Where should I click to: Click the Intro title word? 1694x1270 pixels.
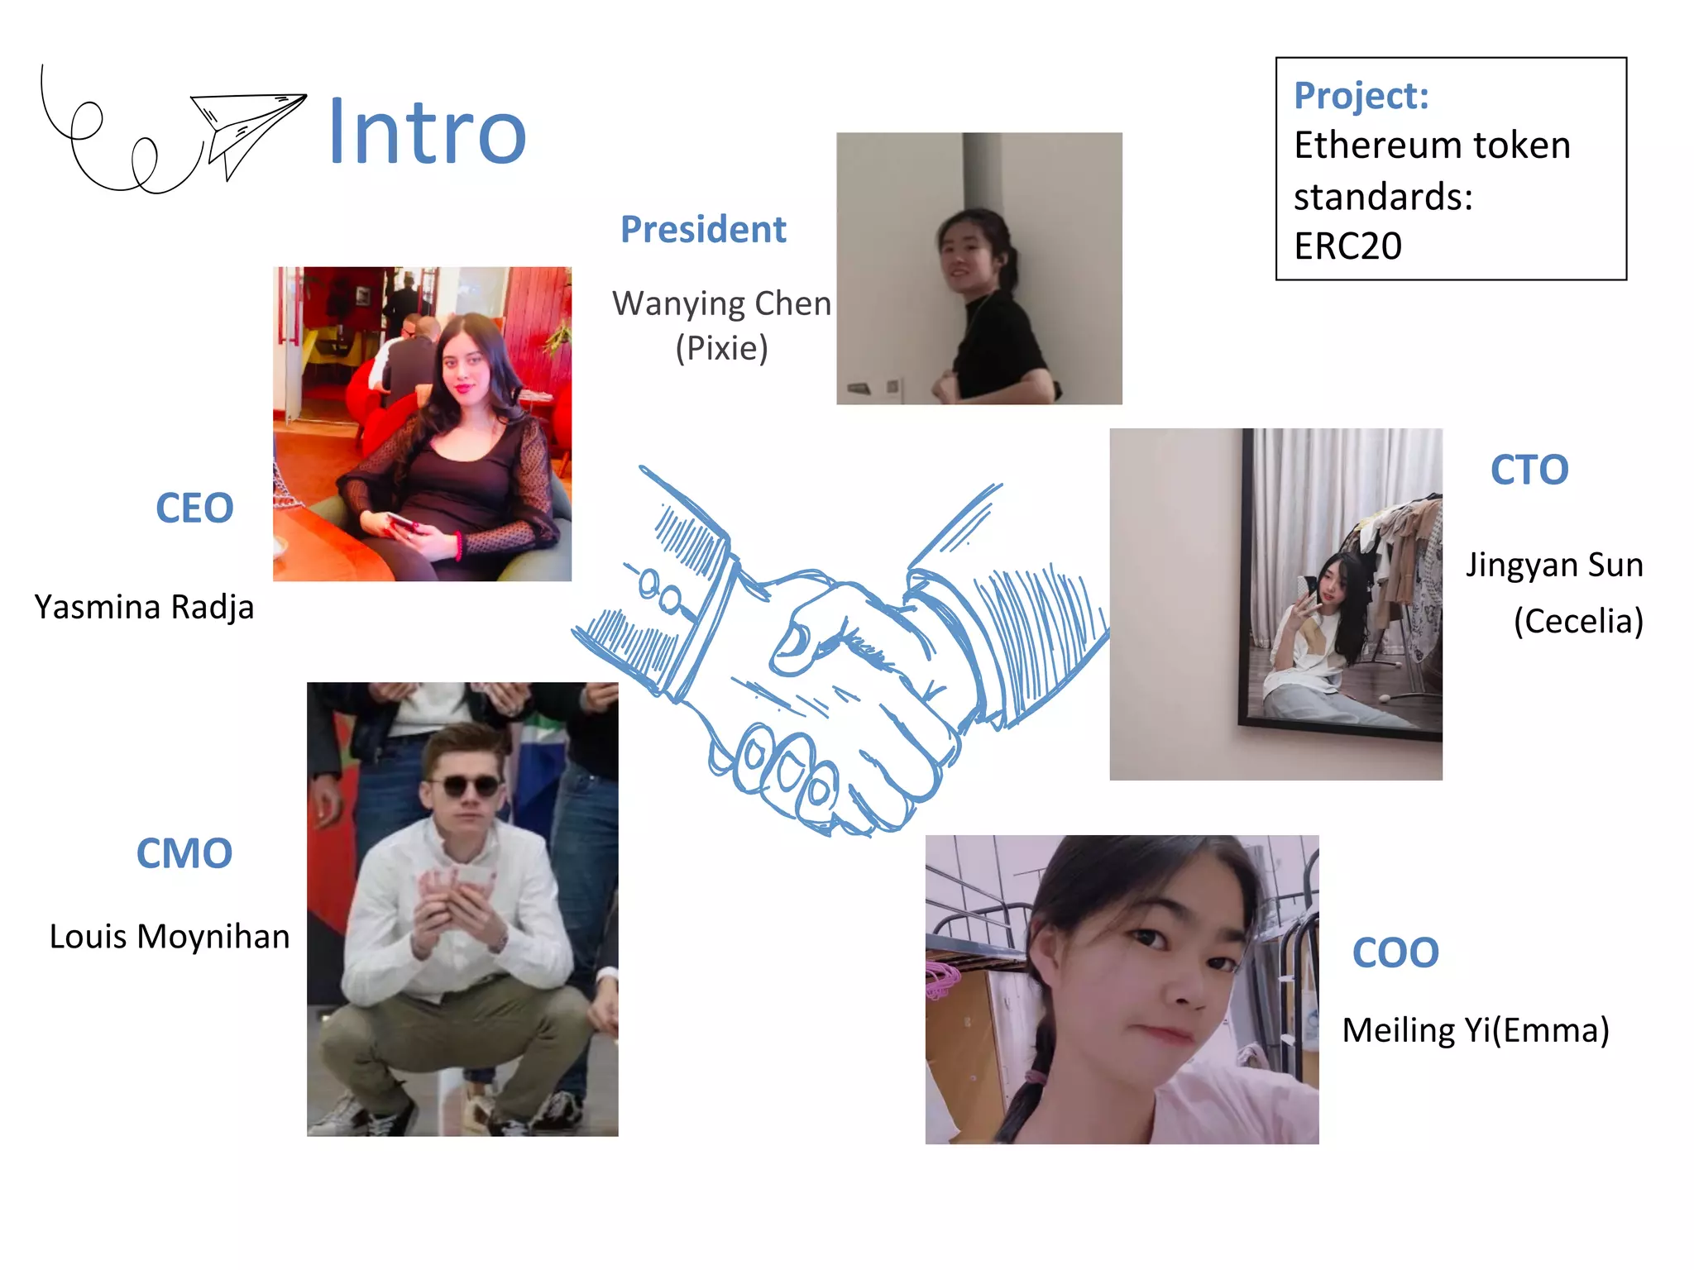coord(427,132)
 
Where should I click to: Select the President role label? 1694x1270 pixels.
coord(703,229)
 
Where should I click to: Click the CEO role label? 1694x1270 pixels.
coord(194,508)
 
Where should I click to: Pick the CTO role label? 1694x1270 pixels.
coord(1529,470)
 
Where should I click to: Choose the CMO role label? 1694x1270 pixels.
coord(184,853)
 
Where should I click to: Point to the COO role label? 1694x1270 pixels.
coord(1395,952)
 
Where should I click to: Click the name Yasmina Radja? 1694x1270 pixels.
coord(144,607)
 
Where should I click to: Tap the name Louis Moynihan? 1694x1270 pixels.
coord(170,937)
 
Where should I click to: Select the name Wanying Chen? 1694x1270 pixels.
coord(721,303)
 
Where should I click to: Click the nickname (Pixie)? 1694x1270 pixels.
coord(721,348)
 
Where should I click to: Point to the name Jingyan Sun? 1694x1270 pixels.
coord(1554,565)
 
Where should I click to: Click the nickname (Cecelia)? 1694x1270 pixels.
coord(1578,621)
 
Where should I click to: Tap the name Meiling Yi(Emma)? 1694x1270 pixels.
coord(1476,1030)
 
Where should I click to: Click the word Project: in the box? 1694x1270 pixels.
coord(1361,95)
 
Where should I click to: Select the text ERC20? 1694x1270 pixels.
coord(1347,246)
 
